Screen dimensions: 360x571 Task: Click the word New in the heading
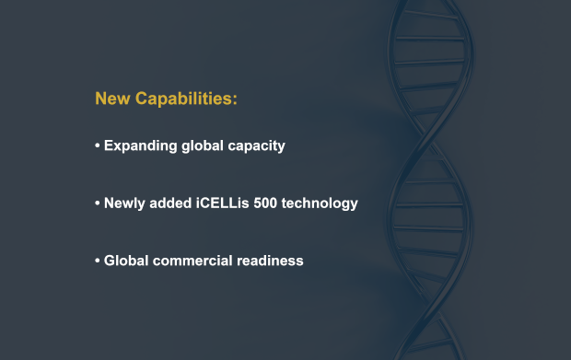pyautogui.click(x=112, y=99)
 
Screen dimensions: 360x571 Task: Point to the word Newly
pyautogui.click(x=124, y=203)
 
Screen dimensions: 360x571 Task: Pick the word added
pyautogui.click(x=170, y=203)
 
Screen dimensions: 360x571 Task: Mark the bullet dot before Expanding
pyautogui.click(x=97, y=146)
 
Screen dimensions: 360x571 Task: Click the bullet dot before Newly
pyautogui.click(x=97, y=203)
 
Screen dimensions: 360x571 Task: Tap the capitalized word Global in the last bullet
pyautogui.click(x=124, y=261)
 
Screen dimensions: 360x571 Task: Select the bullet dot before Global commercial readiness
pyautogui.click(x=97, y=261)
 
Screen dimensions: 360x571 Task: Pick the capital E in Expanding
pyautogui.click(x=109, y=146)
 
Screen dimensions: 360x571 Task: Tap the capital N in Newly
pyautogui.click(x=110, y=203)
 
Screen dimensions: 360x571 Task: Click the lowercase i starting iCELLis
pyautogui.click(x=196, y=203)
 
